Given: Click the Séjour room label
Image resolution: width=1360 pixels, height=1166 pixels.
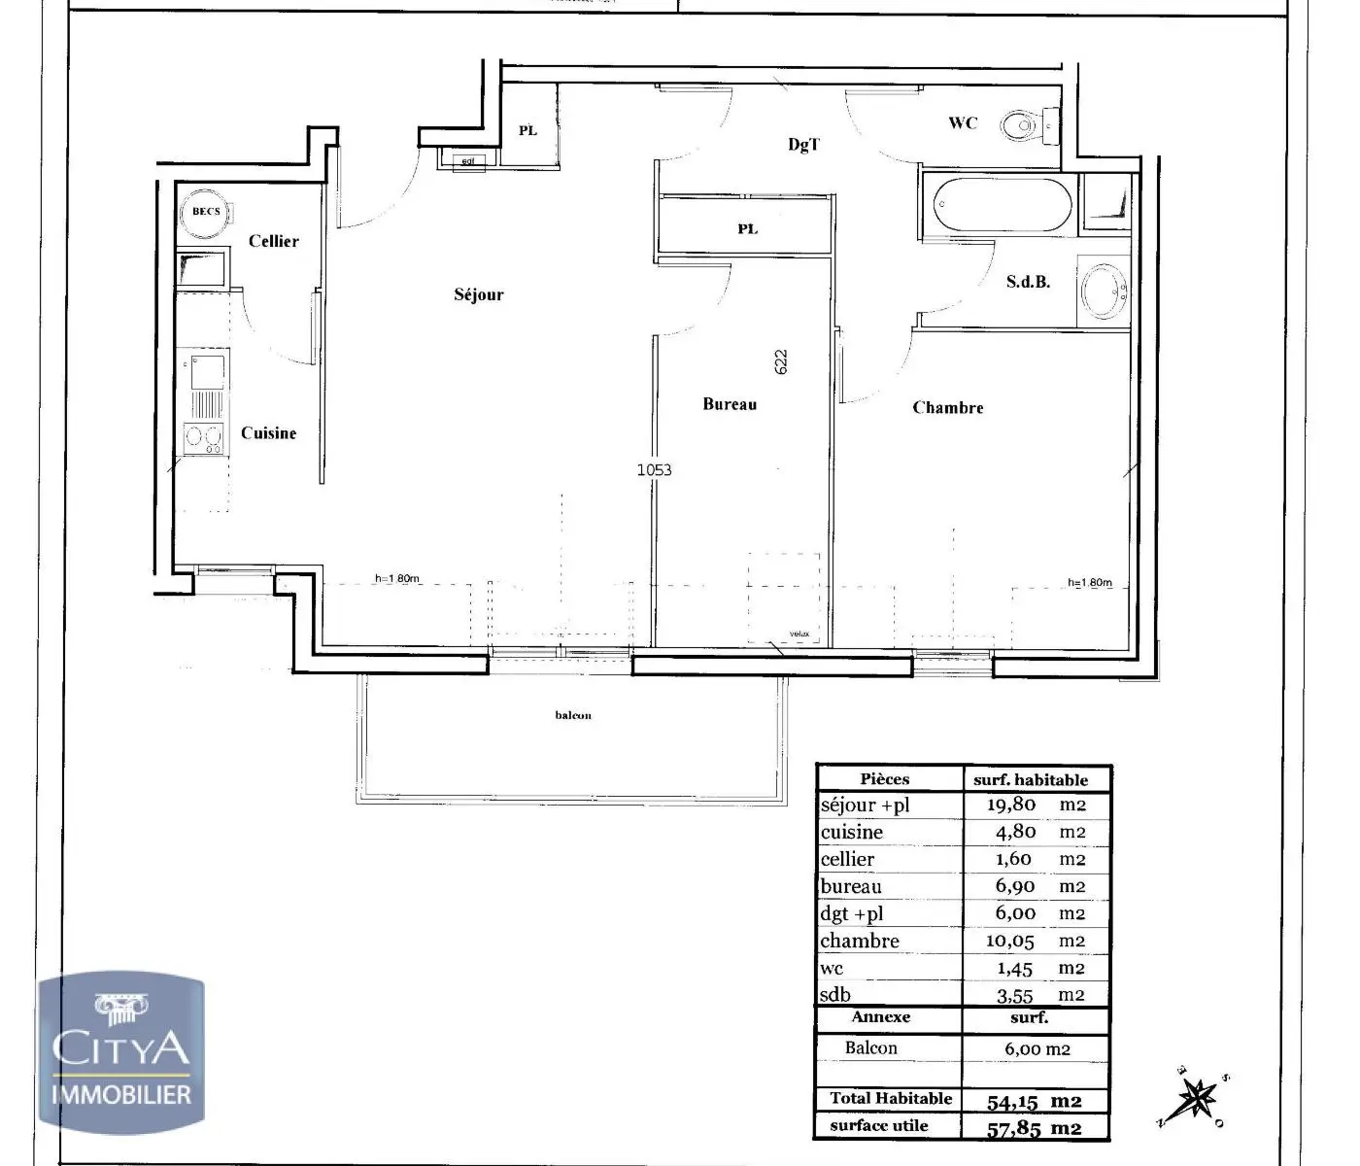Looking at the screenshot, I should tap(479, 294).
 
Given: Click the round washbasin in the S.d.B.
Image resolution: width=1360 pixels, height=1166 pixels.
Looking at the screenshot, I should tap(1105, 290).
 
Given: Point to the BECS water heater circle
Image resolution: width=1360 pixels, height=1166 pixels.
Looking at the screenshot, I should tap(205, 212).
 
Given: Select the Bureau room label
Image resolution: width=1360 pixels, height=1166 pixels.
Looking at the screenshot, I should tap(730, 404).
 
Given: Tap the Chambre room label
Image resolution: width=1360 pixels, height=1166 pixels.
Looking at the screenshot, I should tap(948, 408).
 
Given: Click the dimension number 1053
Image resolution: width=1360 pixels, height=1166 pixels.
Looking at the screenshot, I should tap(654, 470).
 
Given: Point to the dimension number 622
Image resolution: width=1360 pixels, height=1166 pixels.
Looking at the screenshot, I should tap(781, 361).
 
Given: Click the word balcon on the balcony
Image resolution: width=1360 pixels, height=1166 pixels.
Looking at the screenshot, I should tap(573, 716).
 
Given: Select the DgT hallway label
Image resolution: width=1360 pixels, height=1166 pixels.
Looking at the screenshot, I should tap(803, 145).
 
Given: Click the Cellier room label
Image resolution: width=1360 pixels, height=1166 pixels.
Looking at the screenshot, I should tap(274, 241).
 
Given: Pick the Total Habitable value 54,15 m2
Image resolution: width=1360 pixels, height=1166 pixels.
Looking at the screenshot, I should tap(1034, 1102).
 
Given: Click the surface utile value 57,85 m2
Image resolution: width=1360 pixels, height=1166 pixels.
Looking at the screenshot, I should tap(1034, 1128).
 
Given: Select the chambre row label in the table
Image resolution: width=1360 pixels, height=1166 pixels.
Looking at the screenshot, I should tap(860, 941).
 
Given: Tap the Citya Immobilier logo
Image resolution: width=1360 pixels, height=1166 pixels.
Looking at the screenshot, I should tap(121, 1054).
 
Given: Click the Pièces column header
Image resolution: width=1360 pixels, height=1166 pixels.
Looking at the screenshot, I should tap(885, 779).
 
